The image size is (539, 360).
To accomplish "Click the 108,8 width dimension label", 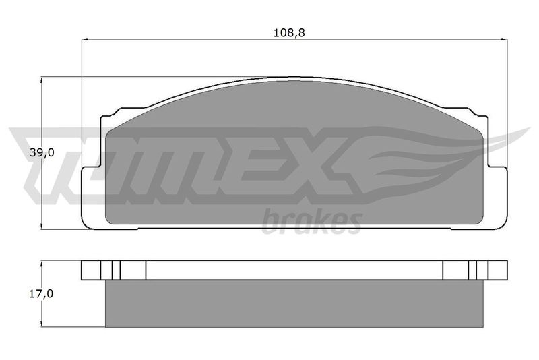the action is (289, 33).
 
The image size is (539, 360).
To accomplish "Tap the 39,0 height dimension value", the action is (42, 152).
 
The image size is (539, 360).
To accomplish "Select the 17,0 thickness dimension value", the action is (41, 294).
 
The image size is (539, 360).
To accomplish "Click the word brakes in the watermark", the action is (312, 222).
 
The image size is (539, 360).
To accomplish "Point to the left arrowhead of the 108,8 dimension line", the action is (85, 40).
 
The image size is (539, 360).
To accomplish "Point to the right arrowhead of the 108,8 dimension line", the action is (504, 40).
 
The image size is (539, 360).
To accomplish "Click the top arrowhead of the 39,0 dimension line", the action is (42, 80).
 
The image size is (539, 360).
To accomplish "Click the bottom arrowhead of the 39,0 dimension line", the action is (42, 226).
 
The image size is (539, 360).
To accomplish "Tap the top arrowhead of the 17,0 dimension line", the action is (42, 264).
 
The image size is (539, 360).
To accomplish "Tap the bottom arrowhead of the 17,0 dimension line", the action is (42, 323).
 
